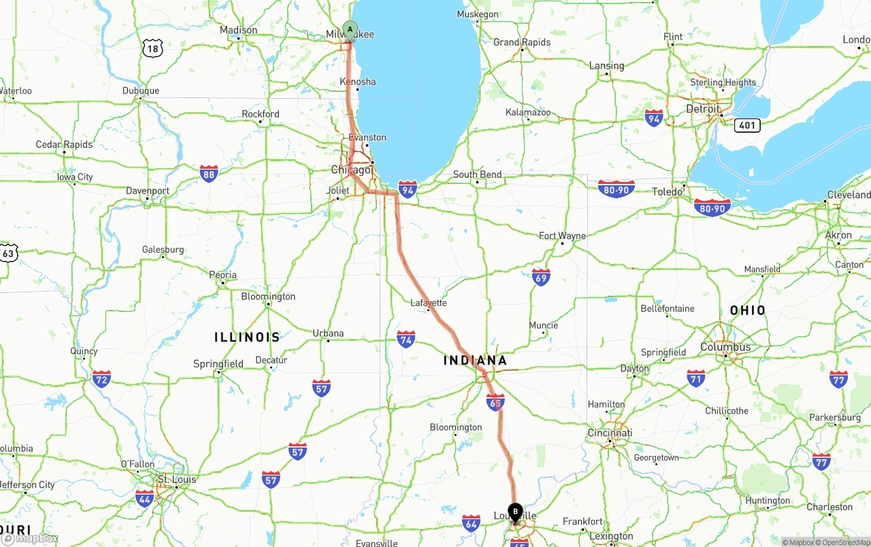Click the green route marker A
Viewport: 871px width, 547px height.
click(x=350, y=29)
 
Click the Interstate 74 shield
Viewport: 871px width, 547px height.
click(x=406, y=339)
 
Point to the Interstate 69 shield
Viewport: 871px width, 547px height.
click(x=541, y=277)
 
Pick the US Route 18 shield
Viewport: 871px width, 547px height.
click(x=153, y=48)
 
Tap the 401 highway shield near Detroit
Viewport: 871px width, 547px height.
click(x=746, y=125)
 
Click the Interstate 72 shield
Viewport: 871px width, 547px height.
click(x=101, y=379)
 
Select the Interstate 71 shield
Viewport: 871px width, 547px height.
click(x=695, y=379)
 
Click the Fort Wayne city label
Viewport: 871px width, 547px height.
click(x=562, y=236)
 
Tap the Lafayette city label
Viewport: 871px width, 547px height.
click(x=429, y=302)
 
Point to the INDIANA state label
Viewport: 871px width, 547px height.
click(x=476, y=360)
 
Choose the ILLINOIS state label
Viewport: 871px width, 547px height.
click(x=247, y=337)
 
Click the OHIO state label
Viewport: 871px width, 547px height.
click(x=748, y=311)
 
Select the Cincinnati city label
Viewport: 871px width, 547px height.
click(x=610, y=433)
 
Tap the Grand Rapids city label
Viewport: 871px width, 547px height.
click(x=522, y=42)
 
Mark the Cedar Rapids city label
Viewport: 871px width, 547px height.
click(x=64, y=144)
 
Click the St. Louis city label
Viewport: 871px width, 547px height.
click(x=176, y=480)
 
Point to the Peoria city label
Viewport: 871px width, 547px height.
click(x=223, y=275)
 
